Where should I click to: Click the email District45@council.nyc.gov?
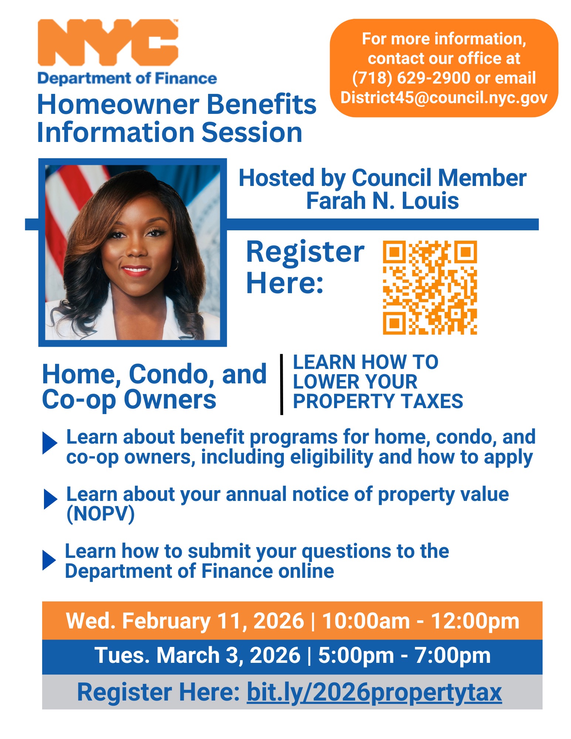point(444,98)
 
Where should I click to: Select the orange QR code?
point(430,288)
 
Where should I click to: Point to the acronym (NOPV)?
point(101,514)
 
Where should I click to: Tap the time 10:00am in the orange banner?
point(366,621)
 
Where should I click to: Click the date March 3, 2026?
point(228,655)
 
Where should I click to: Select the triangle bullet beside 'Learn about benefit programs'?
point(50,443)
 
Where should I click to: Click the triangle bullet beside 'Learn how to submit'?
point(49,560)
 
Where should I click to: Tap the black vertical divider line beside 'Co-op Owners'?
point(282,384)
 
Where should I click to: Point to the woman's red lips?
point(136,271)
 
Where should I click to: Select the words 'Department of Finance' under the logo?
point(127,78)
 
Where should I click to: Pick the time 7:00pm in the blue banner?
point(453,655)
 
